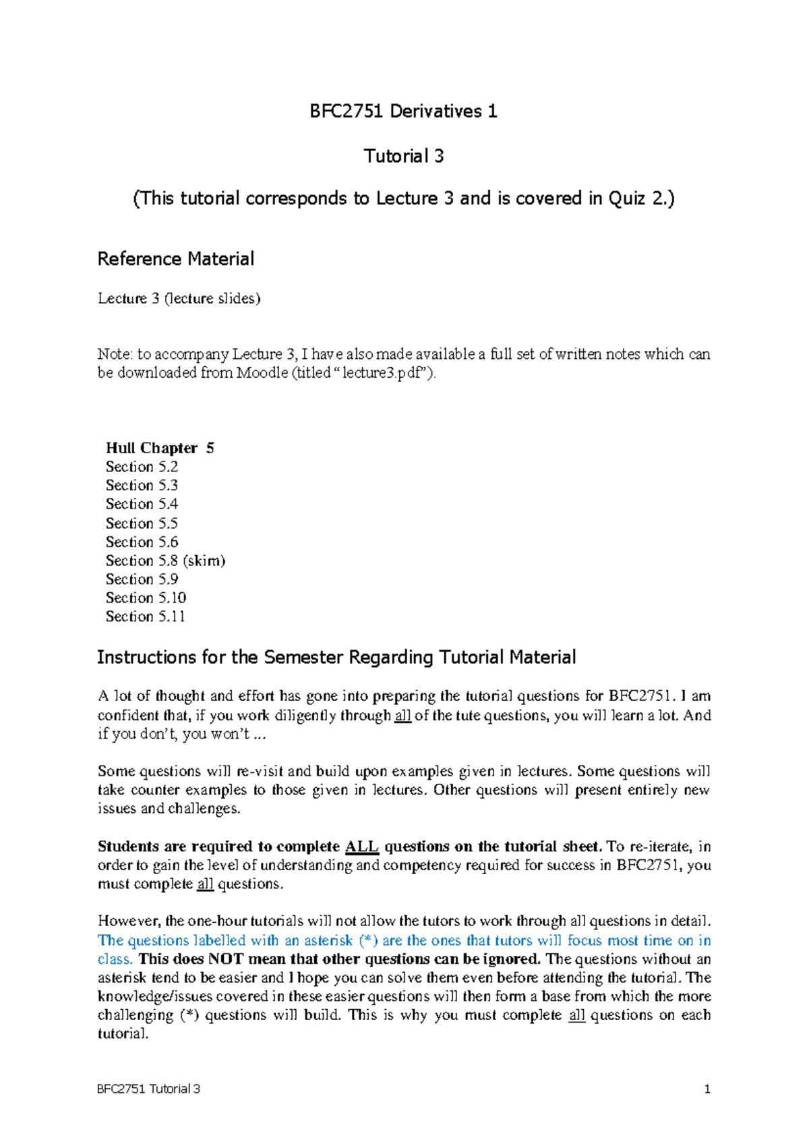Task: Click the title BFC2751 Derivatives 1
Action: (x=403, y=111)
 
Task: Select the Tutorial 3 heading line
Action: (x=403, y=156)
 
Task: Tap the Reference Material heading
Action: (x=175, y=259)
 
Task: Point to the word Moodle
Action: (x=262, y=373)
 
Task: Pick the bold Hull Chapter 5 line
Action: (x=160, y=448)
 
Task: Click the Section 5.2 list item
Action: (x=142, y=467)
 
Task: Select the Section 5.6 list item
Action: (x=142, y=542)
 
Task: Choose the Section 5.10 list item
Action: (x=146, y=598)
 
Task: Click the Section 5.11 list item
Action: (x=145, y=617)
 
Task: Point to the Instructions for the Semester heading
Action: (x=336, y=658)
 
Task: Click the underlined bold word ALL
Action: (x=362, y=847)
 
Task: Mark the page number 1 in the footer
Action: (x=707, y=1089)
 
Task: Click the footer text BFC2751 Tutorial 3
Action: (x=148, y=1089)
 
